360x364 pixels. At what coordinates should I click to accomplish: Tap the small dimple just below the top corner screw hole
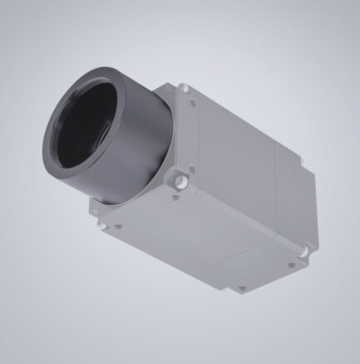click(x=194, y=103)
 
